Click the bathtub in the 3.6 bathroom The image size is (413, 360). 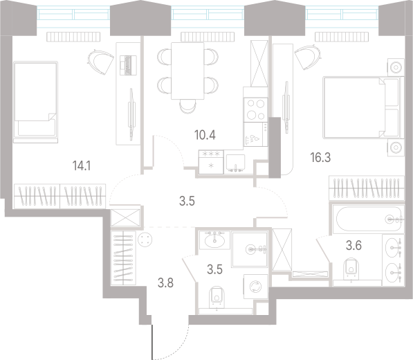[x=367, y=219]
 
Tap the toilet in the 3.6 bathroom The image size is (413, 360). [x=351, y=267]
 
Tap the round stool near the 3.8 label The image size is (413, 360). [x=147, y=240]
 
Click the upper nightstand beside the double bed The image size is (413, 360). [x=395, y=67]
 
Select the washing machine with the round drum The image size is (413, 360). [x=255, y=285]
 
